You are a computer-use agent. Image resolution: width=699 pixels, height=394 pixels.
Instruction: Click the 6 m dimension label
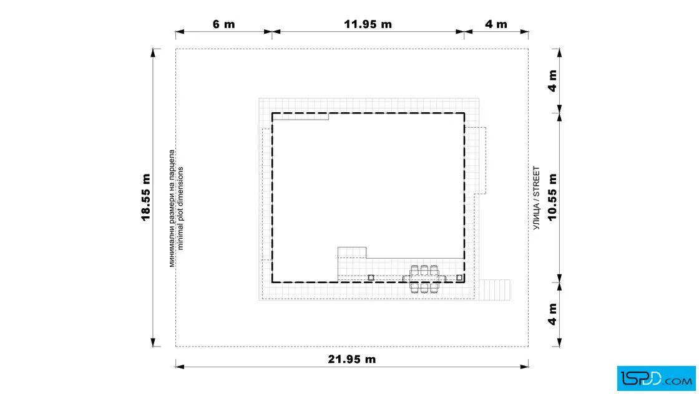click(x=224, y=24)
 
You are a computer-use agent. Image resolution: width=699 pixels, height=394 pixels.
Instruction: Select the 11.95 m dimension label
click(x=368, y=24)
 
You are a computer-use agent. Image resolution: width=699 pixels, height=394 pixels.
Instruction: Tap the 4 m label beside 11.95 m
click(x=496, y=24)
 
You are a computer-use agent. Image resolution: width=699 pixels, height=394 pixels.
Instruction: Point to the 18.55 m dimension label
click(x=146, y=197)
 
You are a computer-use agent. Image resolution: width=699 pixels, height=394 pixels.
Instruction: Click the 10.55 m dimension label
click(x=552, y=197)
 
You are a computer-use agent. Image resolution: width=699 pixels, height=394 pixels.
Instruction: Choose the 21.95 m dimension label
click(x=352, y=359)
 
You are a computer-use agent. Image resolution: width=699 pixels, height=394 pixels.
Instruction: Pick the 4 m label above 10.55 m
click(x=552, y=80)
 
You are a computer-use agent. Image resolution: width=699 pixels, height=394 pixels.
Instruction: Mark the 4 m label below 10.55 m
click(x=552, y=314)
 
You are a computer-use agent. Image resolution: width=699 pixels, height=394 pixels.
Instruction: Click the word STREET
click(x=536, y=181)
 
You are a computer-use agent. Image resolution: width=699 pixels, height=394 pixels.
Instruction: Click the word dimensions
click(x=180, y=183)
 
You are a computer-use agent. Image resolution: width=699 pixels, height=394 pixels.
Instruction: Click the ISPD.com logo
click(x=656, y=378)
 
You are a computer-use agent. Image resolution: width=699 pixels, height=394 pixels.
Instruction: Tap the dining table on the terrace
click(x=424, y=279)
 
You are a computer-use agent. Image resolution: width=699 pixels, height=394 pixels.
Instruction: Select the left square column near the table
click(x=371, y=278)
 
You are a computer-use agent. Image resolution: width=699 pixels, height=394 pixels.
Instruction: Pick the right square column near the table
click(x=459, y=278)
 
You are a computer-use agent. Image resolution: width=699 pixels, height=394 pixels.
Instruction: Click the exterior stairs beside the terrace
click(x=494, y=290)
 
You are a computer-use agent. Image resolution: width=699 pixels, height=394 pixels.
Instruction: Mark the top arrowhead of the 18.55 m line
click(x=154, y=53)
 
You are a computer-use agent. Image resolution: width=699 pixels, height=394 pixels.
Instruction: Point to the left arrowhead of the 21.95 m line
click(x=180, y=367)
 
